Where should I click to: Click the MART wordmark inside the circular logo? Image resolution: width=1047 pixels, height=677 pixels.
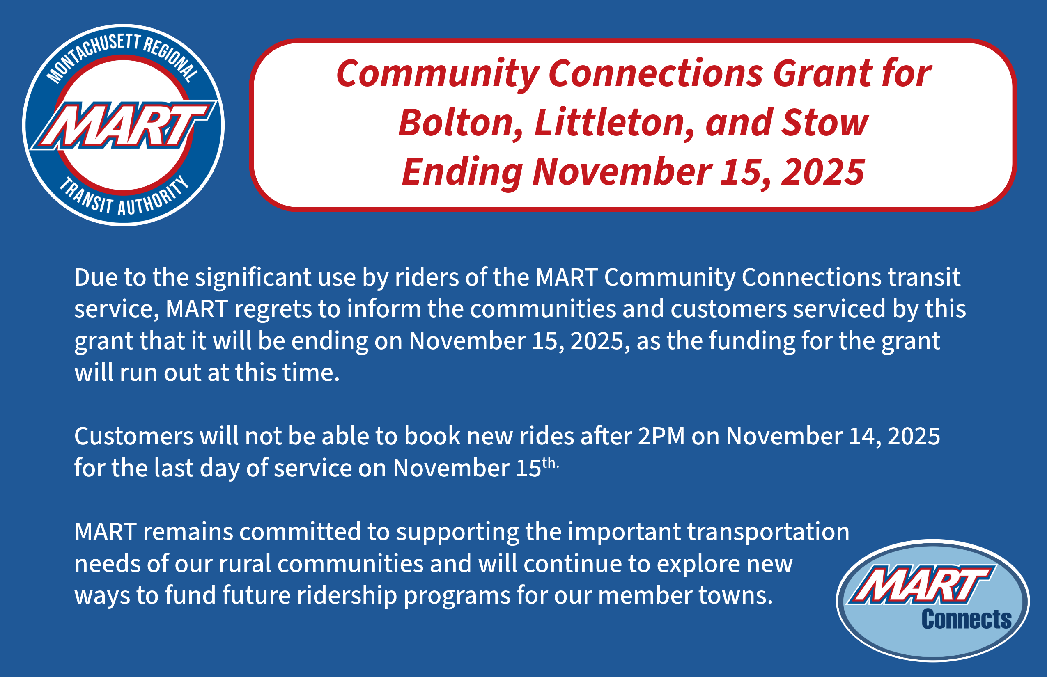(124, 125)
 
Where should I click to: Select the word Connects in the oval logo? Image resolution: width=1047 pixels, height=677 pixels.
(967, 620)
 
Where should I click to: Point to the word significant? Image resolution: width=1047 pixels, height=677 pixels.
(253, 278)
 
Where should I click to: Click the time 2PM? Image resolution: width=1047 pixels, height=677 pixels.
(661, 436)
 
